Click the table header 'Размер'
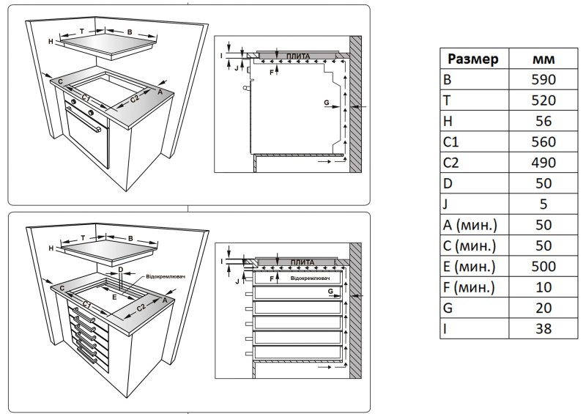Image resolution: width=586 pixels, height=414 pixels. click(473, 59)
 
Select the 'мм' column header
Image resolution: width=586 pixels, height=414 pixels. click(543, 59)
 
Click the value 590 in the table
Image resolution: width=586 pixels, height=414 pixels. click(543, 79)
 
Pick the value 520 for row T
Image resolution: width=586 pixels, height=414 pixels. click(543, 100)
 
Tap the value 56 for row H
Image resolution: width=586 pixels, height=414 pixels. click(543, 121)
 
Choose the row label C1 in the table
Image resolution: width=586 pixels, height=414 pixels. click(453, 142)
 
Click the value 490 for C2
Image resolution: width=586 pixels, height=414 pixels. click(543, 163)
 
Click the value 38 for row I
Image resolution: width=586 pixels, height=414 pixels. click(543, 329)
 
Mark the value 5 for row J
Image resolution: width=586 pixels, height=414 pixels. click(543, 204)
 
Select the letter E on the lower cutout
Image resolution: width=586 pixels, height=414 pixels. click(114, 297)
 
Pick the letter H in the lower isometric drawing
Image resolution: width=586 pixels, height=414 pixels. click(51, 250)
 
